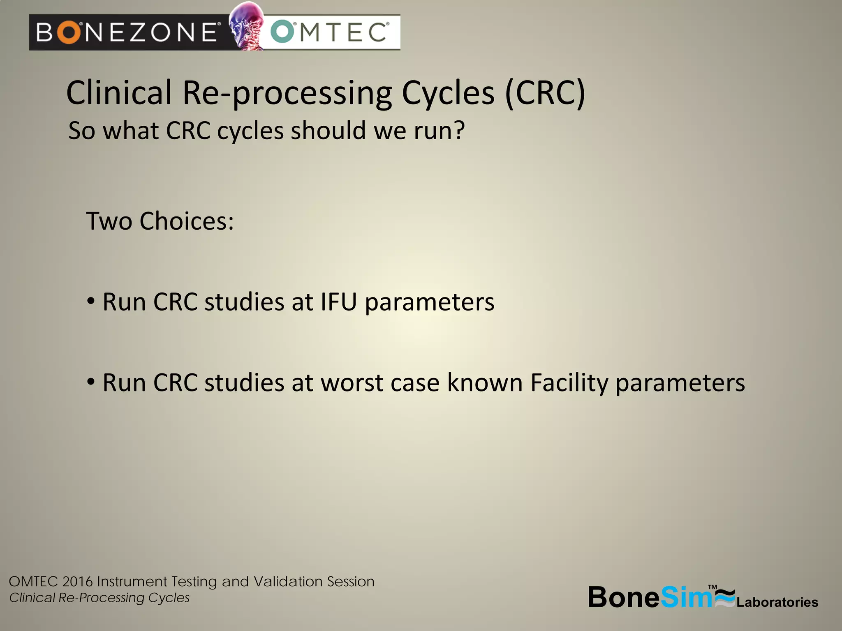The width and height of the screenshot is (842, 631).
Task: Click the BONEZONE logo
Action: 127,32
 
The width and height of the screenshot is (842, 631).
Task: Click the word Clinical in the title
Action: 119,93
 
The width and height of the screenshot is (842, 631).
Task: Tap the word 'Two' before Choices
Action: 109,221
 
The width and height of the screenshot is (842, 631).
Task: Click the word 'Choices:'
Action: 187,221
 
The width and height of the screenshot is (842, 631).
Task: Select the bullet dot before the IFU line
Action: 91,301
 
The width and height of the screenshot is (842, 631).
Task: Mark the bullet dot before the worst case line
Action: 91,382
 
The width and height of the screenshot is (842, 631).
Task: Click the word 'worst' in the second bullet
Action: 352,383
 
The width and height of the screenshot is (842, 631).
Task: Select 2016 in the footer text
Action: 77,582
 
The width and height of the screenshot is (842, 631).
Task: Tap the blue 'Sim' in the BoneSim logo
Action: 686,597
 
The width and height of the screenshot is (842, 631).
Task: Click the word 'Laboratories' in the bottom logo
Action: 777,602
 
